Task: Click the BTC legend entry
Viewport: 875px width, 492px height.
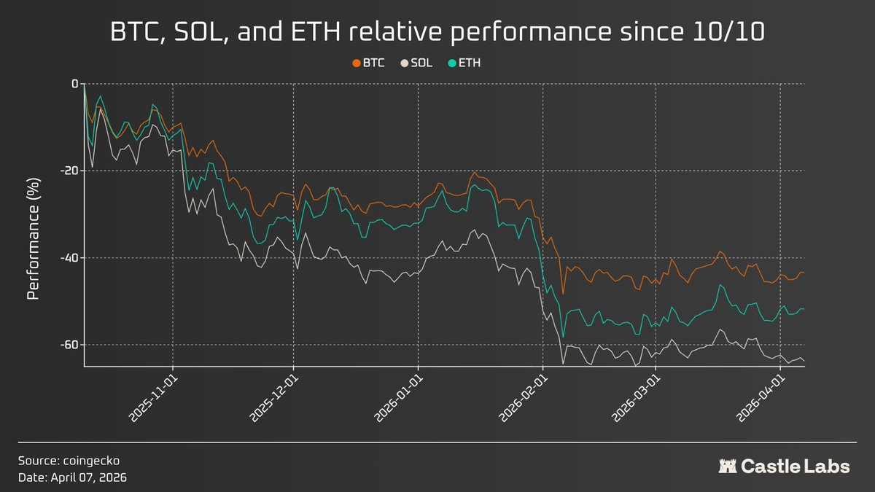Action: pyautogui.click(x=369, y=63)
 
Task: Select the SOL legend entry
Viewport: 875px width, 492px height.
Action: pyautogui.click(x=417, y=63)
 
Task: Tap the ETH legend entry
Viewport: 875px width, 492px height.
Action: pyautogui.click(x=465, y=63)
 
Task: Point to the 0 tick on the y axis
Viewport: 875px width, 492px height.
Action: pyautogui.click(x=74, y=84)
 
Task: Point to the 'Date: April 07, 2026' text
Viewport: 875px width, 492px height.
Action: pyautogui.click(x=74, y=477)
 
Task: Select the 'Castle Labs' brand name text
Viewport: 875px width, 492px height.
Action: pyautogui.click(x=796, y=466)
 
